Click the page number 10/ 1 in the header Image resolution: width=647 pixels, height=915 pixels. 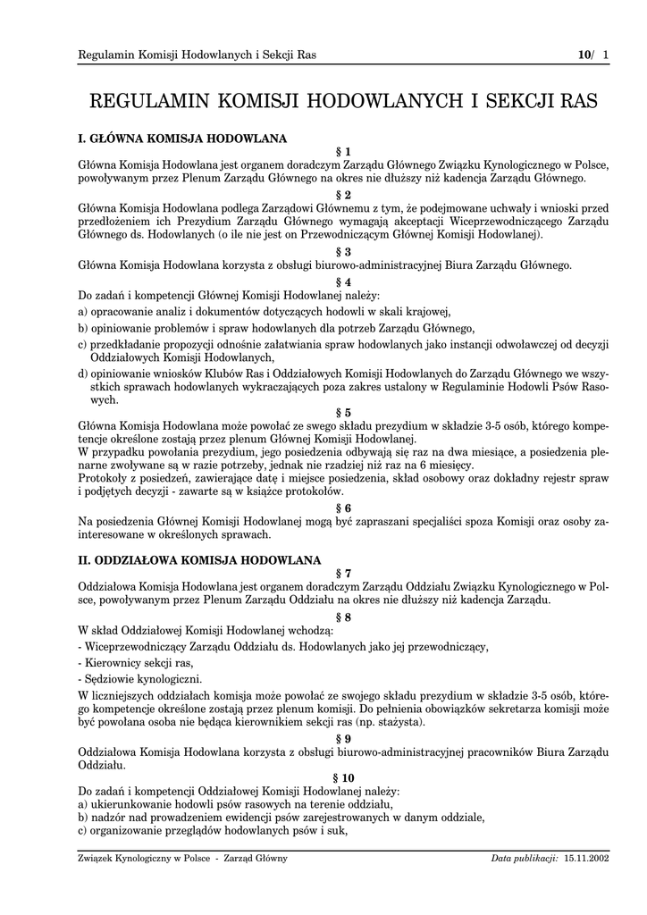pyautogui.click(x=593, y=55)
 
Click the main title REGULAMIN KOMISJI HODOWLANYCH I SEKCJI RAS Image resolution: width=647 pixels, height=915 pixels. pyautogui.click(x=343, y=101)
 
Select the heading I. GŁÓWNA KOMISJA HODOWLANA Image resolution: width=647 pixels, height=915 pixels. pyautogui.click(x=182, y=139)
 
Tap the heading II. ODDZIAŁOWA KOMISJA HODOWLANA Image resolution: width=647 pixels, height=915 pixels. pyautogui.click(x=199, y=560)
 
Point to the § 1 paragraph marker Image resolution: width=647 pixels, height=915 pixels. pyautogui.click(x=343, y=152)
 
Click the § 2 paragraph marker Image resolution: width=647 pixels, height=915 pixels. pyautogui.click(x=343, y=195)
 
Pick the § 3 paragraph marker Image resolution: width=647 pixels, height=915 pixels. pyautogui.click(x=343, y=251)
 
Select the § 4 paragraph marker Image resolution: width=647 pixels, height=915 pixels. pyautogui.click(x=343, y=281)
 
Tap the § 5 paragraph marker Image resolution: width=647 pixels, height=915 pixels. pyautogui.click(x=343, y=413)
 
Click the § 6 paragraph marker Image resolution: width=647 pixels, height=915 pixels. pyautogui.click(x=343, y=508)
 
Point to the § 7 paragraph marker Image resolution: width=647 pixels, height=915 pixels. pyautogui.click(x=343, y=573)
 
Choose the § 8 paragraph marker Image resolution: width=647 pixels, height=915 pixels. pyautogui.click(x=343, y=617)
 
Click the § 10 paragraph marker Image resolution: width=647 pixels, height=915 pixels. pyautogui.click(x=343, y=778)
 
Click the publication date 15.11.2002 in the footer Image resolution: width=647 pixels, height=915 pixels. pyautogui.click(x=586, y=859)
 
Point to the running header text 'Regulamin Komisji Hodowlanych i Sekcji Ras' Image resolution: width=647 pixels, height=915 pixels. pyautogui.click(x=197, y=55)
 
